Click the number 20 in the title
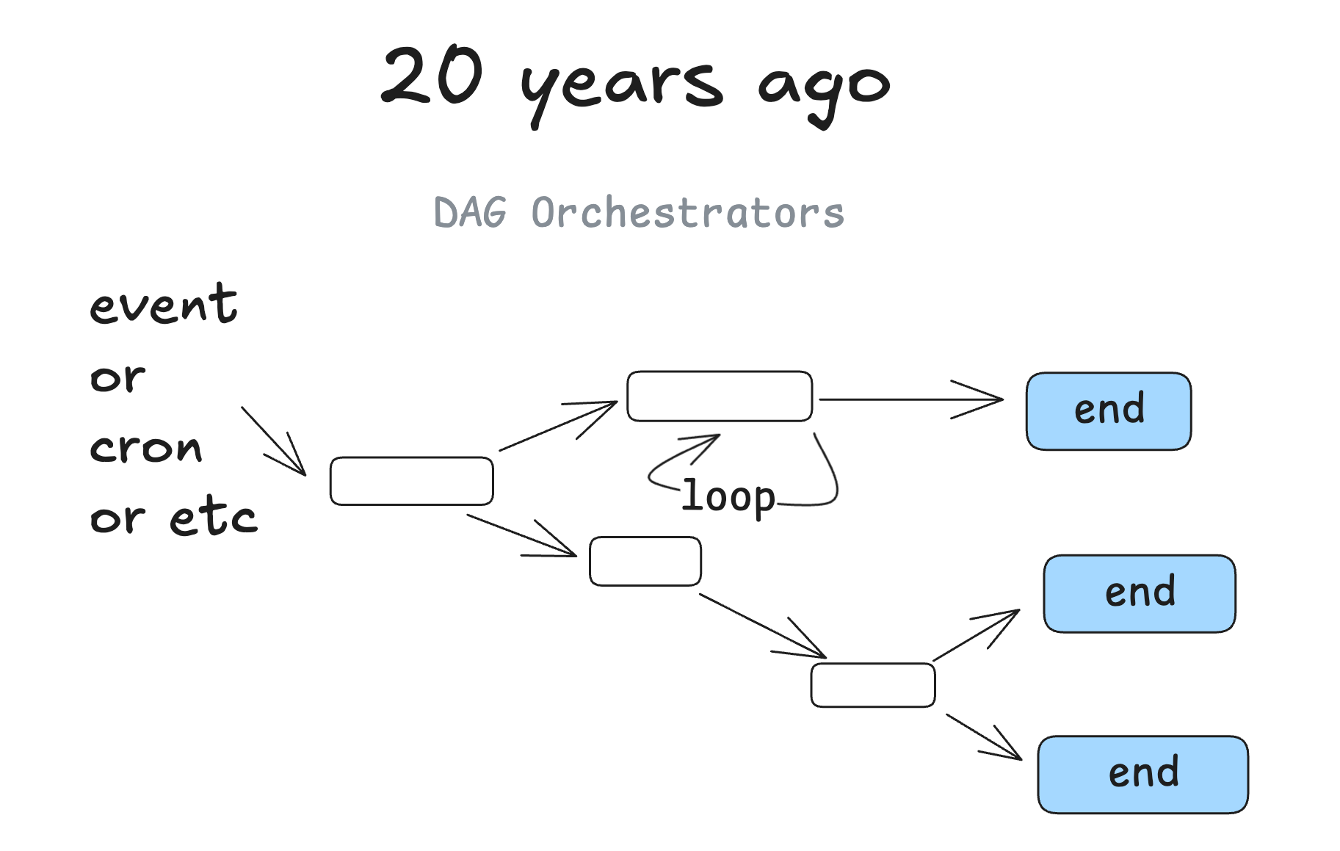pyautogui.click(x=432, y=75)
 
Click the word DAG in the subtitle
pyautogui.click(x=470, y=214)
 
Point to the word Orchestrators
pyautogui.click(x=687, y=214)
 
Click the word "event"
pyautogui.click(x=163, y=305)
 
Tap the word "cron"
pyautogui.click(x=145, y=447)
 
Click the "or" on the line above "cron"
pyautogui.click(x=117, y=379)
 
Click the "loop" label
pyautogui.click(x=728, y=497)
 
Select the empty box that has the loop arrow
pyautogui.click(x=719, y=396)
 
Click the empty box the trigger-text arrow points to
pyautogui.click(x=411, y=481)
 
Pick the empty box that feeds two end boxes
pyautogui.click(x=872, y=685)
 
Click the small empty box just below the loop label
pyautogui.click(x=645, y=562)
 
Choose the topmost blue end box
pyautogui.click(x=1108, y=411)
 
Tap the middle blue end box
pyautogui.click(x=1139, y=593)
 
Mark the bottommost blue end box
pyautogui.click(x=1142, y=775)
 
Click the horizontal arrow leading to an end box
pyautogui.click(x=910, y=399)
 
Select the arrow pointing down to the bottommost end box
pyautogui.click(x=984, y=737)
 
